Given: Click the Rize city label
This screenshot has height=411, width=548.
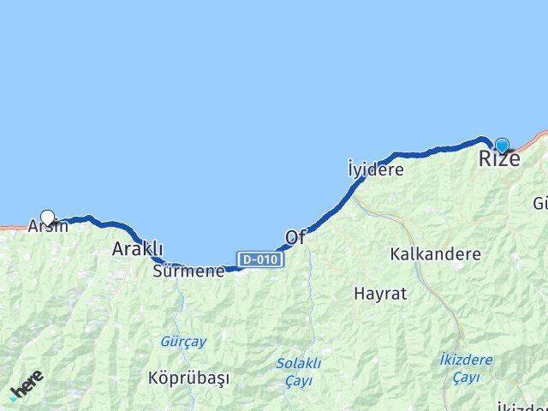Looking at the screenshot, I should pyautogui.click(x=497, y=158).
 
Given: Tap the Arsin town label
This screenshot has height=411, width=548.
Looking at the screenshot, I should pyautogui.click(x=48, y=227).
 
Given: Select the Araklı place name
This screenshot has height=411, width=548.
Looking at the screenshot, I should pyautogui.click(x=137, y=249).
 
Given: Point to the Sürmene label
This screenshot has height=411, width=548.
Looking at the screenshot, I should pyautogui.click(x=188, y=271).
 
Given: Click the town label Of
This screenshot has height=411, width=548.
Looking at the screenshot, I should pyautogui.click(x=295, y=237).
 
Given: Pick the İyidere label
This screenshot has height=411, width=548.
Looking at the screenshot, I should pyautogui.click(x=375, y=169).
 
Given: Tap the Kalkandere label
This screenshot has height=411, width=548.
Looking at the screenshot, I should pyautogui.click(x=434, y=254).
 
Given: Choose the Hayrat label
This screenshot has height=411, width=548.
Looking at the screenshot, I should pyautogui.click(x=376, y=293).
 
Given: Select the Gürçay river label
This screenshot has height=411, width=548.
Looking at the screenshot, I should pyautogui.click(x=183, y=341).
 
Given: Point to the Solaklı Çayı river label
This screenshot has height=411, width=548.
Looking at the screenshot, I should pyautogui.click(x=297, y=371).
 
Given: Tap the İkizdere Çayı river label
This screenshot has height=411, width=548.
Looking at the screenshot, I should pyautogui.click(x=465, y=367).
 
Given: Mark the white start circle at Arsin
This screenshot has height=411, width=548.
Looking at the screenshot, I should pyautogui.click(x=48, y=217).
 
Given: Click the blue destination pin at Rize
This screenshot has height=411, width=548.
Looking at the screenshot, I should pyautogui.click(x=502, y=146).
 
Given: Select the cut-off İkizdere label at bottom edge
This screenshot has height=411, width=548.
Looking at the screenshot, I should pyautogui.click(x=522, y=406).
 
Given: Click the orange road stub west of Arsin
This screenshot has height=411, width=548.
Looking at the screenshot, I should pyautogui.click(x=13, y=227).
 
